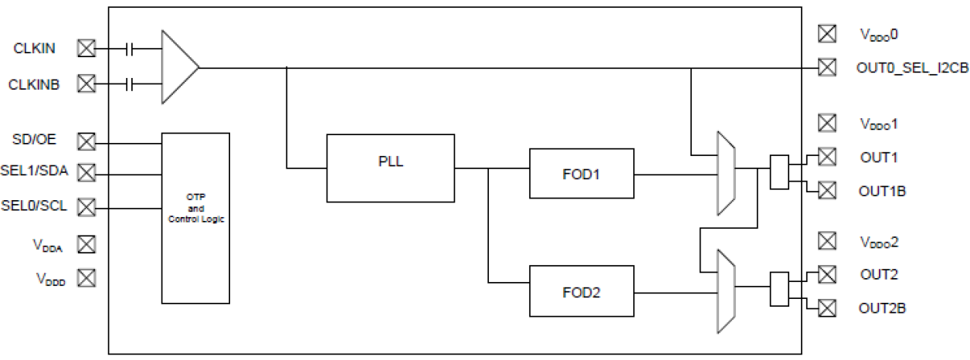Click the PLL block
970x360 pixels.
tap(390, 167)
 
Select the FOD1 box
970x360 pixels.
tap(582, 174)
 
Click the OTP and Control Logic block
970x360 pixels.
tap(195, 218)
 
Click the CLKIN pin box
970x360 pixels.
tap(86, 49)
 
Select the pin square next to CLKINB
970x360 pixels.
tap(86, 83)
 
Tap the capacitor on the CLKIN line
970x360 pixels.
tap(131, 49)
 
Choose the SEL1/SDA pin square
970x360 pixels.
tap(86, 172)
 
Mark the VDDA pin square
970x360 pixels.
tap(86, 244)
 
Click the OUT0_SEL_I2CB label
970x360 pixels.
tap(911, 68)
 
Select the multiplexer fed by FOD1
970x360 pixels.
tap(726, 173)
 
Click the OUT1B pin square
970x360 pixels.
tap(827, 190)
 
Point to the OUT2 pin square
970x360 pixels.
tap(827, 274)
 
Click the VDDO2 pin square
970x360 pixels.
tap(827, 242)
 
